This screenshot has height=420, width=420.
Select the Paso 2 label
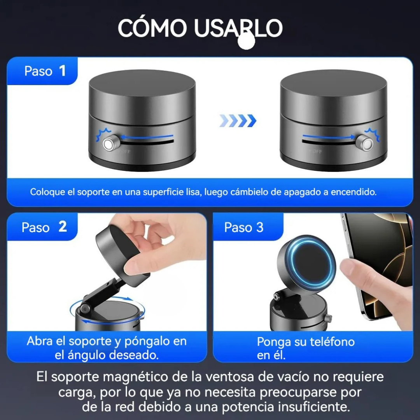(44, 227)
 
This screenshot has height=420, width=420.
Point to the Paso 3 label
(244, 227)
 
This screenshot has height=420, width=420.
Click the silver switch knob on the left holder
(109, 144)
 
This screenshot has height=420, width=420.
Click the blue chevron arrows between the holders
(238, 121)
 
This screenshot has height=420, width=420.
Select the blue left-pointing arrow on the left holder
(146, 136)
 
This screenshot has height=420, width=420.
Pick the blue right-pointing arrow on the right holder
(329, 136)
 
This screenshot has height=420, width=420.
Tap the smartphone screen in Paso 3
(379, 249)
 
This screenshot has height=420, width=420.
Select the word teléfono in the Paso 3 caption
(330, 342)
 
